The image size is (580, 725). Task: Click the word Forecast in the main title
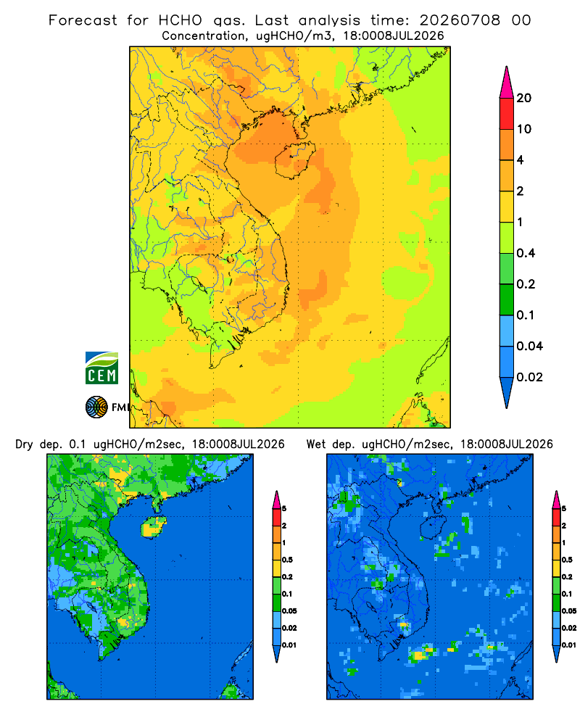[x=83, y=20]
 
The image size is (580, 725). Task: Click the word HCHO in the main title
[x=181, y=20]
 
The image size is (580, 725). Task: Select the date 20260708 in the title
[x=460, y=20]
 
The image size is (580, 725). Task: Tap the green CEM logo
[x=101, y=368]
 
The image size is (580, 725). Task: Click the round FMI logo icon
[x=96, y=407]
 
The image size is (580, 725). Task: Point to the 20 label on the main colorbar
[x=524, y=98]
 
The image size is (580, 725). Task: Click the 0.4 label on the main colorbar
[x=526, y=253]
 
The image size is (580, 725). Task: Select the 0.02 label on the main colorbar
[x=529, y=377]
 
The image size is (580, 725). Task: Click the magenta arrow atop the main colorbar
[x=507, y=83]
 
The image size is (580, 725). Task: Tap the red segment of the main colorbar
[x=507, y=114]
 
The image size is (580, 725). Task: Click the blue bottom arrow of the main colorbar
[x=507, y=392]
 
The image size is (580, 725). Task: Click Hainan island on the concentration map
[x=295, y=160]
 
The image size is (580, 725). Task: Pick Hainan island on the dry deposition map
[x=154, y=526]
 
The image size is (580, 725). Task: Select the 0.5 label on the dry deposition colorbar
[x=287, y=560]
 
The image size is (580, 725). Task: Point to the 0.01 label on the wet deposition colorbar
[x=569, y=645]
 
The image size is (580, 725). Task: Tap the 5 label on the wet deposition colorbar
[x=564, y=509]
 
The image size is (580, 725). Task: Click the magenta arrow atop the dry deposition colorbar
[x=277, y=500]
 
